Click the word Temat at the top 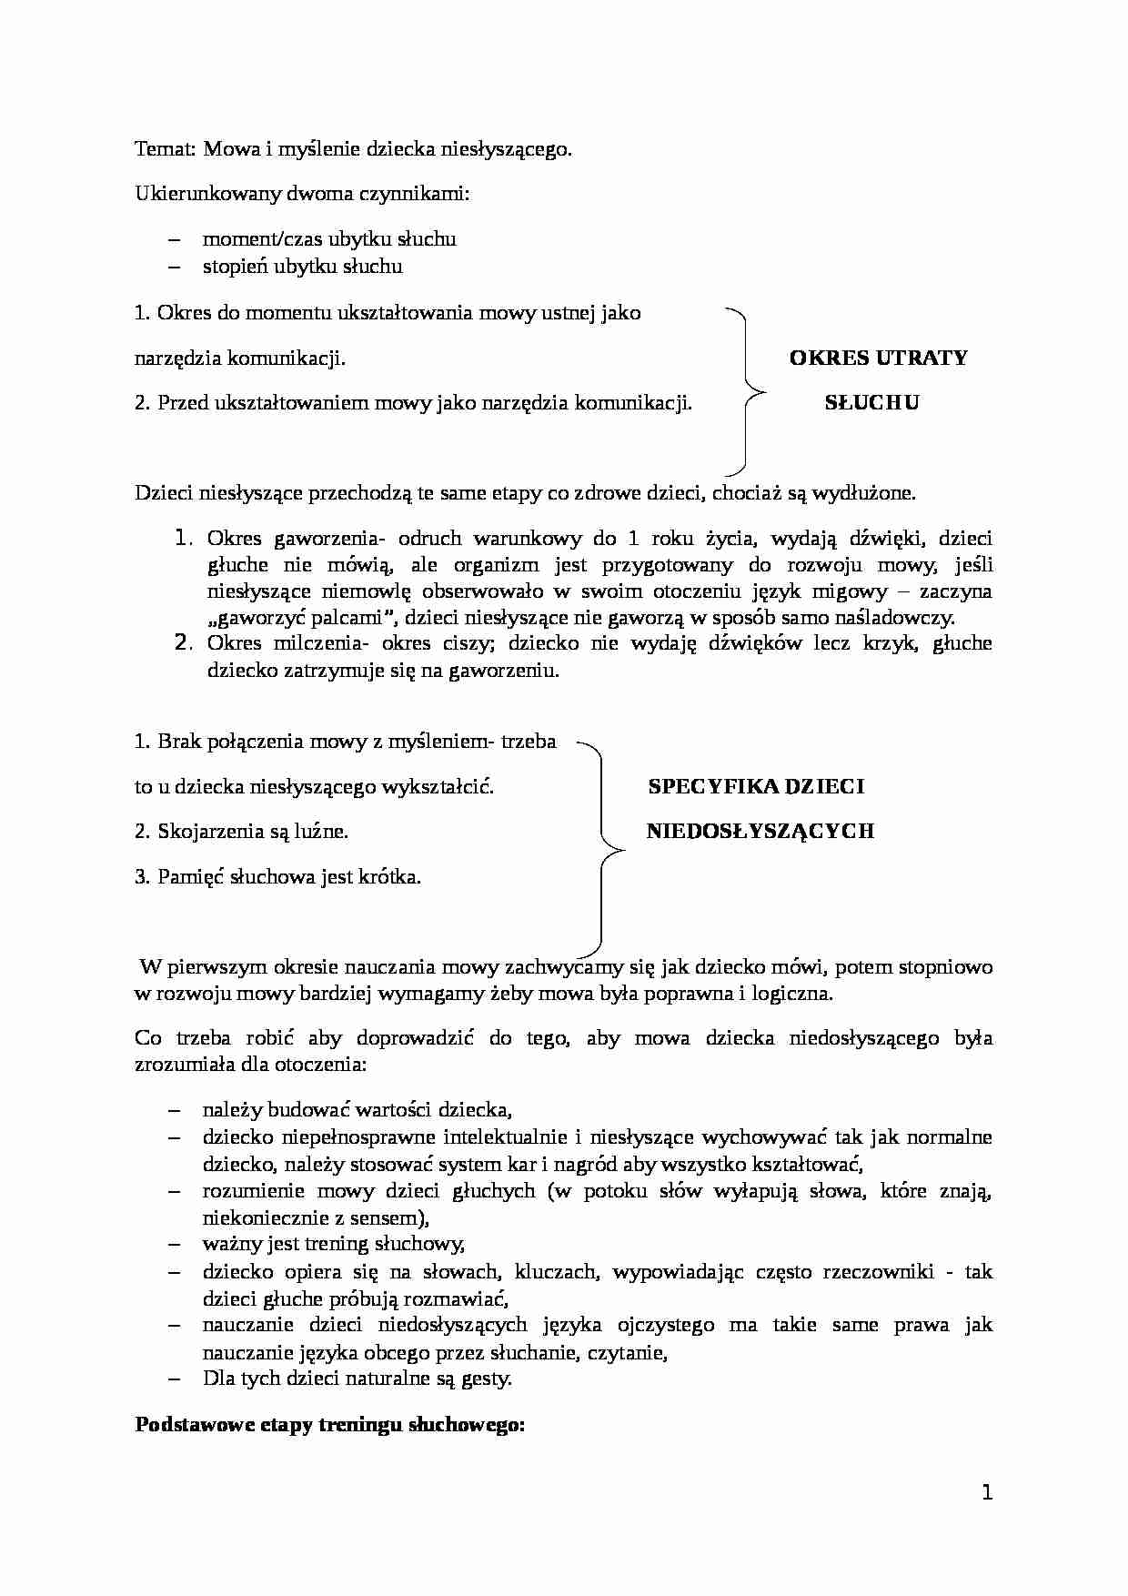click(164, 149)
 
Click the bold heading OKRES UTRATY click(878, 358)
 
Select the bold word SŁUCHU click(871, 403)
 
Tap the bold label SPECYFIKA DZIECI click(756, 787)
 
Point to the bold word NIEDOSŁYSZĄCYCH click(760, 831)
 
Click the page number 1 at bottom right click(987, 1493)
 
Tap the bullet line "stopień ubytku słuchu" click(302, 267)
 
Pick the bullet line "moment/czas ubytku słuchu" click(328, 239)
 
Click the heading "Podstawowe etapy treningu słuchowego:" click(330, 1425)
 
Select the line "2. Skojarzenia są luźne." click(241, 832)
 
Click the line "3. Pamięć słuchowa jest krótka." click(277, 877)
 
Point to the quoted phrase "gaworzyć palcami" click(303, 618)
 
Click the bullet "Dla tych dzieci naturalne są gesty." click(357, 1379)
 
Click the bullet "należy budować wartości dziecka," click(358, 1109)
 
